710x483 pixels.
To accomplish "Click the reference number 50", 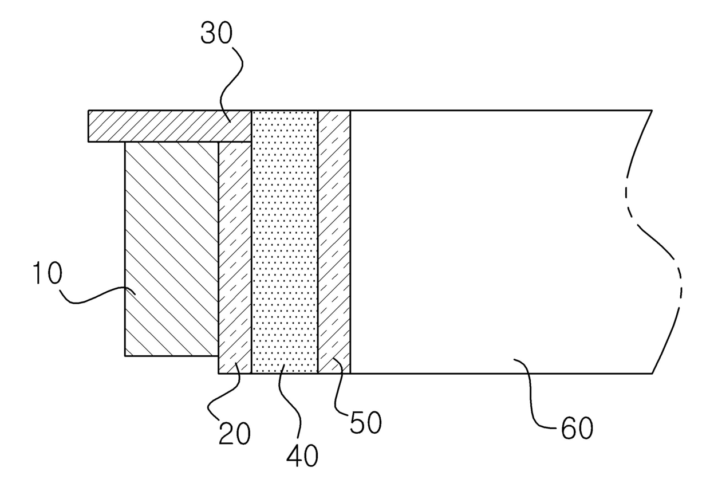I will [x=365, y=424].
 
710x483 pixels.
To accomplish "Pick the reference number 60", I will [x=577, y=429].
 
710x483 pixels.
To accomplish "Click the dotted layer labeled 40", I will [x=285, y=241].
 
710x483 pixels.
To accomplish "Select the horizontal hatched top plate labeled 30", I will [x=166, y=126].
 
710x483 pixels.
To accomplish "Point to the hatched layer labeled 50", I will [x=334, y=241].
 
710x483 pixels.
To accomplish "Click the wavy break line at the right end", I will [x=658, y=241].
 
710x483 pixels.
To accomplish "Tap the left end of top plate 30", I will [x=89, y=126].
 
